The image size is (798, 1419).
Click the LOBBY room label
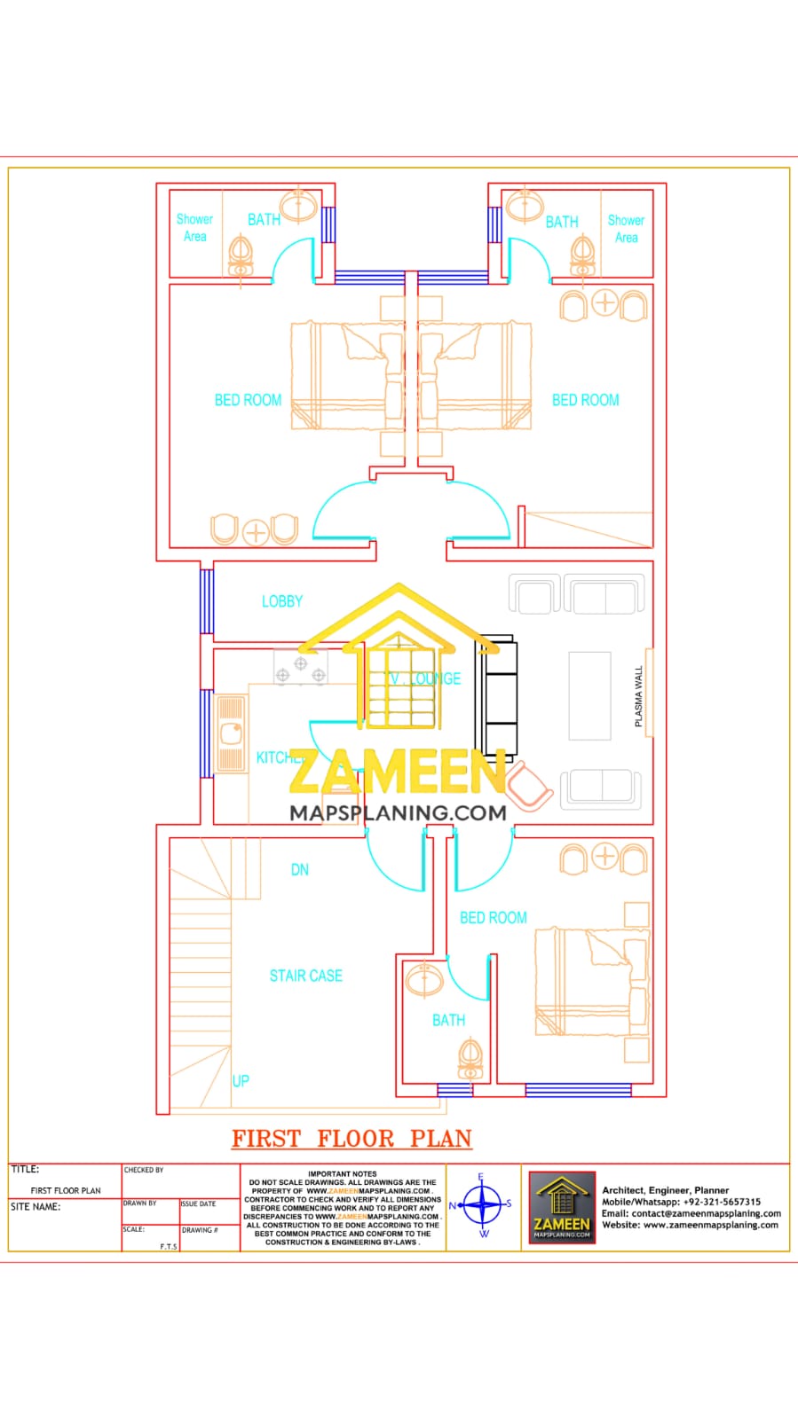[281, 601]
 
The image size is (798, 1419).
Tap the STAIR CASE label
[305, 976]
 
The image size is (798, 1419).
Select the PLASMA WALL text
[638, 697]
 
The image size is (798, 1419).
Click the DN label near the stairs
[300, 870]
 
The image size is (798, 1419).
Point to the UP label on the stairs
[241, 1081]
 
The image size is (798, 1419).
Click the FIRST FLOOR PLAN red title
[352, 1139]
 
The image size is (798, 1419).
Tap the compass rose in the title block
[483, 1205]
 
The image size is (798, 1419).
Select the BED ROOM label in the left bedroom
[248, 400]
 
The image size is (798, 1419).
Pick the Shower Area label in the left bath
[194, 228]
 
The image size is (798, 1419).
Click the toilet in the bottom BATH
[471, 1058]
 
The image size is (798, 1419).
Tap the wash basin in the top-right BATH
[525, 205]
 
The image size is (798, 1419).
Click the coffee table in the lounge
[589, 695]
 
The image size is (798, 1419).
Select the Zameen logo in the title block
[561, 1207]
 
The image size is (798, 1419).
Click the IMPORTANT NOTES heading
[343, 1173]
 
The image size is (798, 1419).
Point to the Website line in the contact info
[690, 1225]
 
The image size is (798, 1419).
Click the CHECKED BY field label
[144, 1170]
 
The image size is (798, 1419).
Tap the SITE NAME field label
[36, 1207]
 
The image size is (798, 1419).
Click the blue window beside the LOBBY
[207, 600]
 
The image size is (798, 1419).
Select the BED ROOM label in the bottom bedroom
[493, 918]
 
